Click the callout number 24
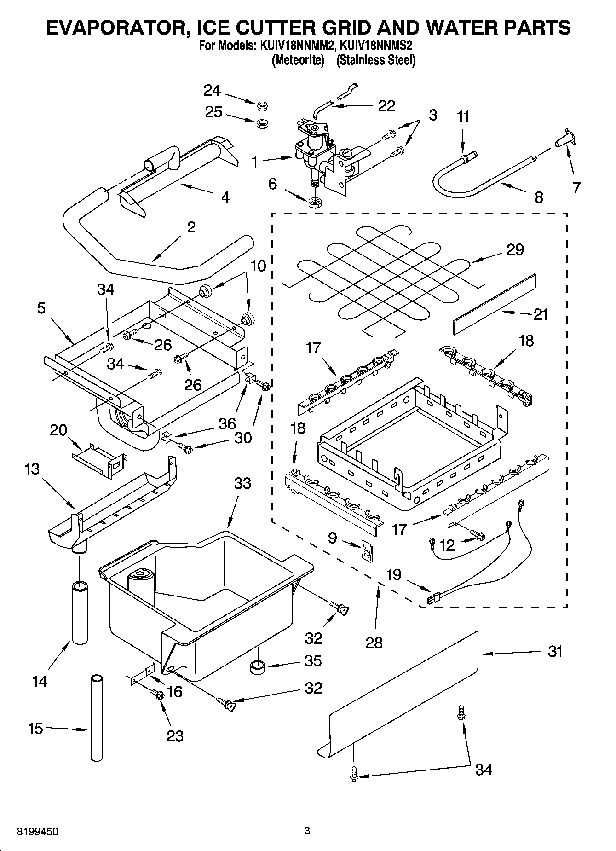tap(212, 91)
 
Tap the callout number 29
tap(515, 249)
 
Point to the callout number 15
tap(35, 729)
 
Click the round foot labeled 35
tap(258, 666)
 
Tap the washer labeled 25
tap(262, 123)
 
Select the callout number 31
tap(555, 652)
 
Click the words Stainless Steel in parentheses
tap(376, 60)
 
